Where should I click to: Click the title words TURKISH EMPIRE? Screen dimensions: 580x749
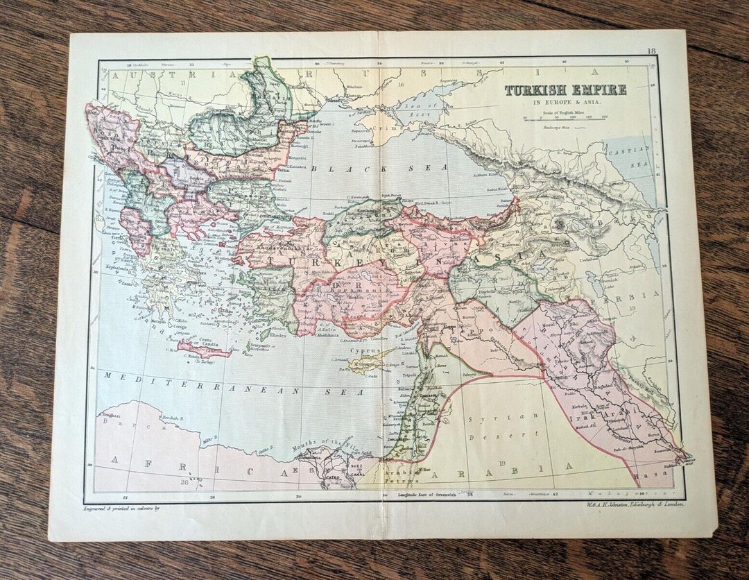click(565, 90)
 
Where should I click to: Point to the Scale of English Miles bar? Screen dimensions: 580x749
click(565, 117)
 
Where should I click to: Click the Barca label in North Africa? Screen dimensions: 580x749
click(112, 420)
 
